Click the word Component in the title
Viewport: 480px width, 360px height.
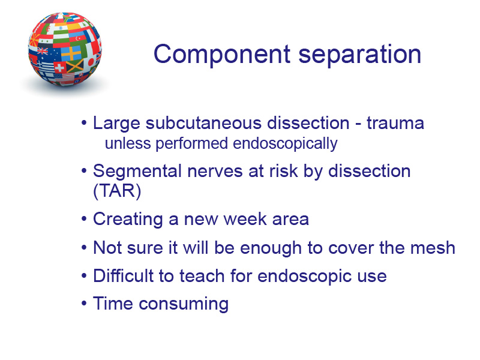coord(222,54)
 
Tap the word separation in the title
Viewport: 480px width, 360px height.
coord(360,54)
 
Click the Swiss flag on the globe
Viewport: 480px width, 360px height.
coord(59,67)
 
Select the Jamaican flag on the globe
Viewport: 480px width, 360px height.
coord(74,66)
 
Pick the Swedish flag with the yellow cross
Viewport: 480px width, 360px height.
coord(71,53)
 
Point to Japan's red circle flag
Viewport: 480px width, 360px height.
coord(91,62)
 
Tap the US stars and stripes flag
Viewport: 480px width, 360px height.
coord(64,78)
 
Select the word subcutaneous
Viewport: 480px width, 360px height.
coord(204,123)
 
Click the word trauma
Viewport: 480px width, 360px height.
coord(395,123)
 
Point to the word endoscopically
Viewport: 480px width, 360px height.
coord(285,143)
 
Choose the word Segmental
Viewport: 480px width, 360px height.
coord(137,171)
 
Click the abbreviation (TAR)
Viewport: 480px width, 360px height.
coord(117,191)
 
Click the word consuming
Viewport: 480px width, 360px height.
coord(184,304)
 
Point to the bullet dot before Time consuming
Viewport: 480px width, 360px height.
coord(84,304)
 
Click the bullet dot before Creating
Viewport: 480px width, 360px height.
coord(84,219)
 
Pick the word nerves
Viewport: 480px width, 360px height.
coord(215,171)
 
